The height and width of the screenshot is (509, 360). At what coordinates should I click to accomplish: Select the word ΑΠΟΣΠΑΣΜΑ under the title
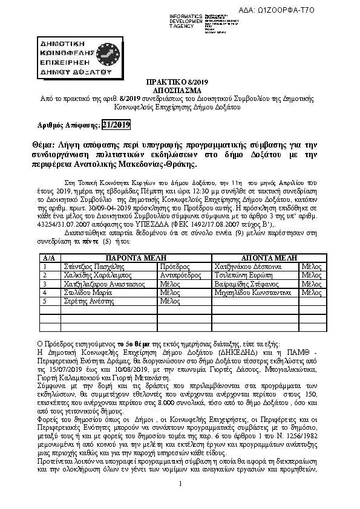coord(180,88)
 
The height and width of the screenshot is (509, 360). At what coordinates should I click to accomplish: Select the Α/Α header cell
coord(48,257)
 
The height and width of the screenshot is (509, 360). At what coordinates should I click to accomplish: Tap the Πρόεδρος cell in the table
coord(173,265)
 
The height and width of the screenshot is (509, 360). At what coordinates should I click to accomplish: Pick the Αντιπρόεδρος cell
coord(180,274)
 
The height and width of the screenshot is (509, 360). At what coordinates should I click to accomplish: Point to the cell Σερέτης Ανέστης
coord(87,301)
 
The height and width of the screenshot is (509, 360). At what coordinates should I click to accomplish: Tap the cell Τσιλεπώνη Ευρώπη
coord(242,274)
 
